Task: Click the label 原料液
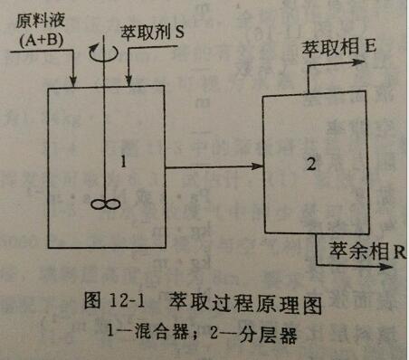41,22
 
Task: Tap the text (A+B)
42,40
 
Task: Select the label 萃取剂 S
152,32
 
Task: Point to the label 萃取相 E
339,48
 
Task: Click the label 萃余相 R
367,251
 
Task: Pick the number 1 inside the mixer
123,163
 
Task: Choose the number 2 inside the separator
311,165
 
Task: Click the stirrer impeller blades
106,204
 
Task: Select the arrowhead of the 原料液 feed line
73,81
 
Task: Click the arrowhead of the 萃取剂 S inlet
128,81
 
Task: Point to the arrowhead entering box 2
257,166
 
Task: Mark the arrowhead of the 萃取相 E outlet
358,62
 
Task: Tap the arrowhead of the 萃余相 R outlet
385,266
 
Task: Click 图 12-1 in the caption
115,300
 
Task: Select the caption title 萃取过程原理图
245,303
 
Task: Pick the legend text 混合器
161,332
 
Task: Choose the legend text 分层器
269,335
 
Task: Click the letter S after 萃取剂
179,32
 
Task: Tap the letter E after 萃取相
370,47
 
